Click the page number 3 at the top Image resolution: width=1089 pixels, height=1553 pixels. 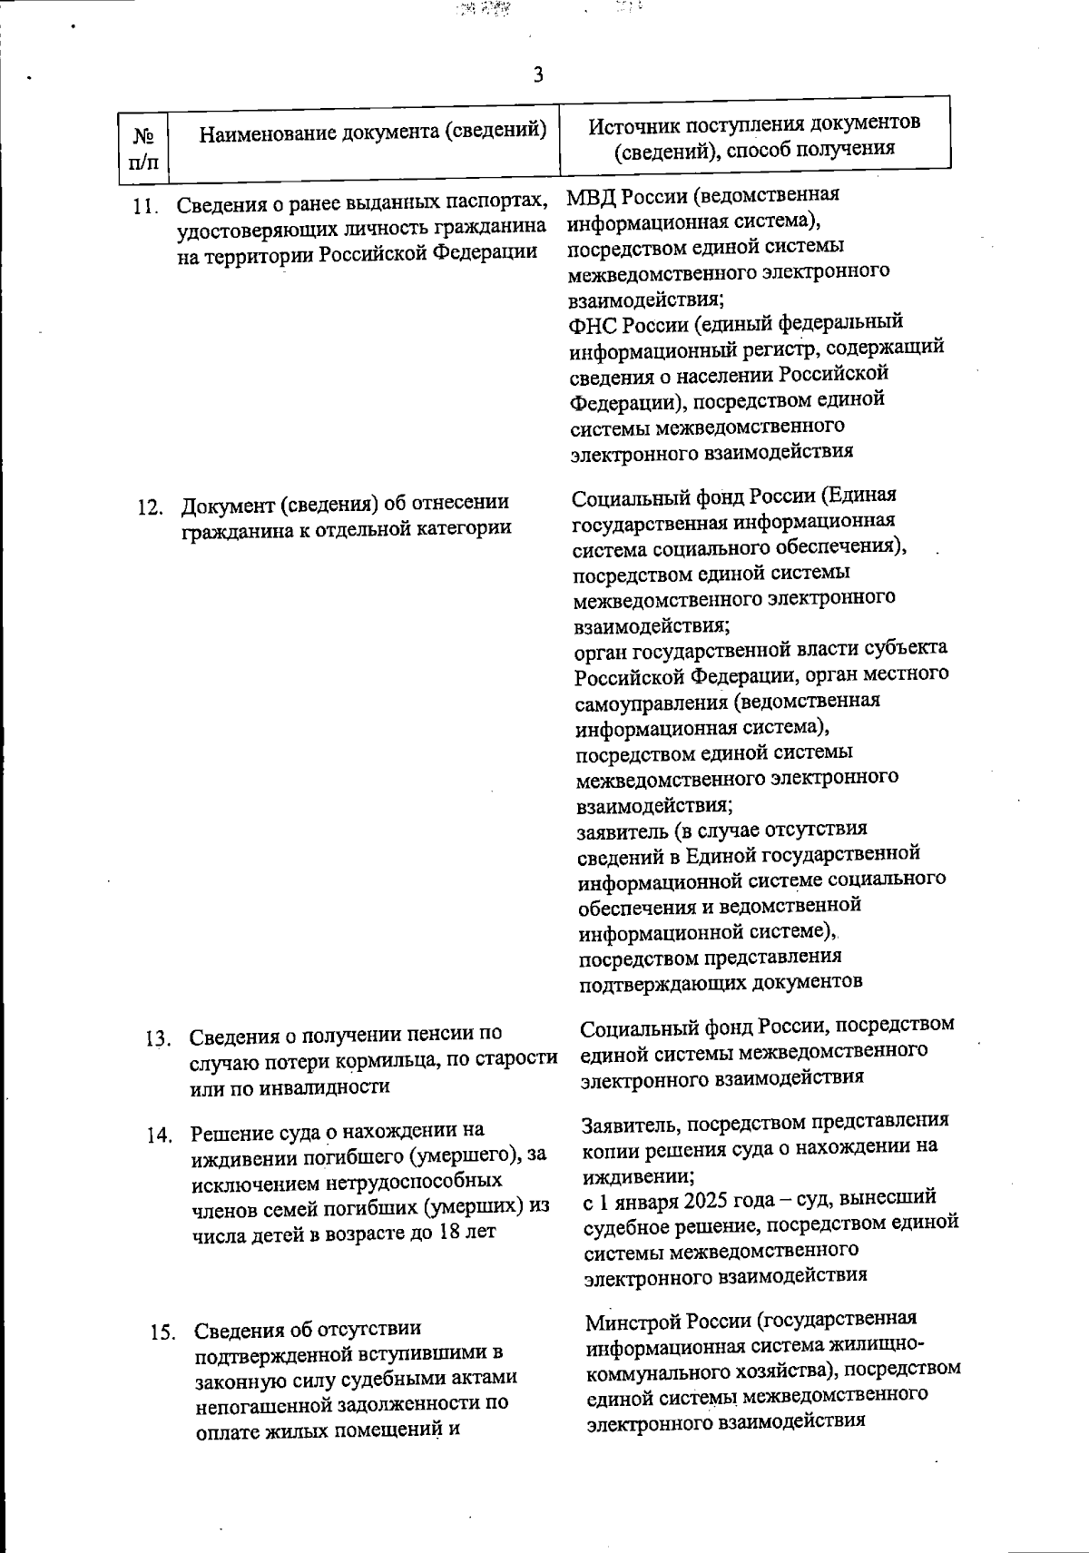(538, 74)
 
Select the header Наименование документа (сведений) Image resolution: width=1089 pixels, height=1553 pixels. (373, 133)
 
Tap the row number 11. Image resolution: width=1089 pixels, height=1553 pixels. (144, 207)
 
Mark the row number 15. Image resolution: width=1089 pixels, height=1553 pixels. (163, 1333)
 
